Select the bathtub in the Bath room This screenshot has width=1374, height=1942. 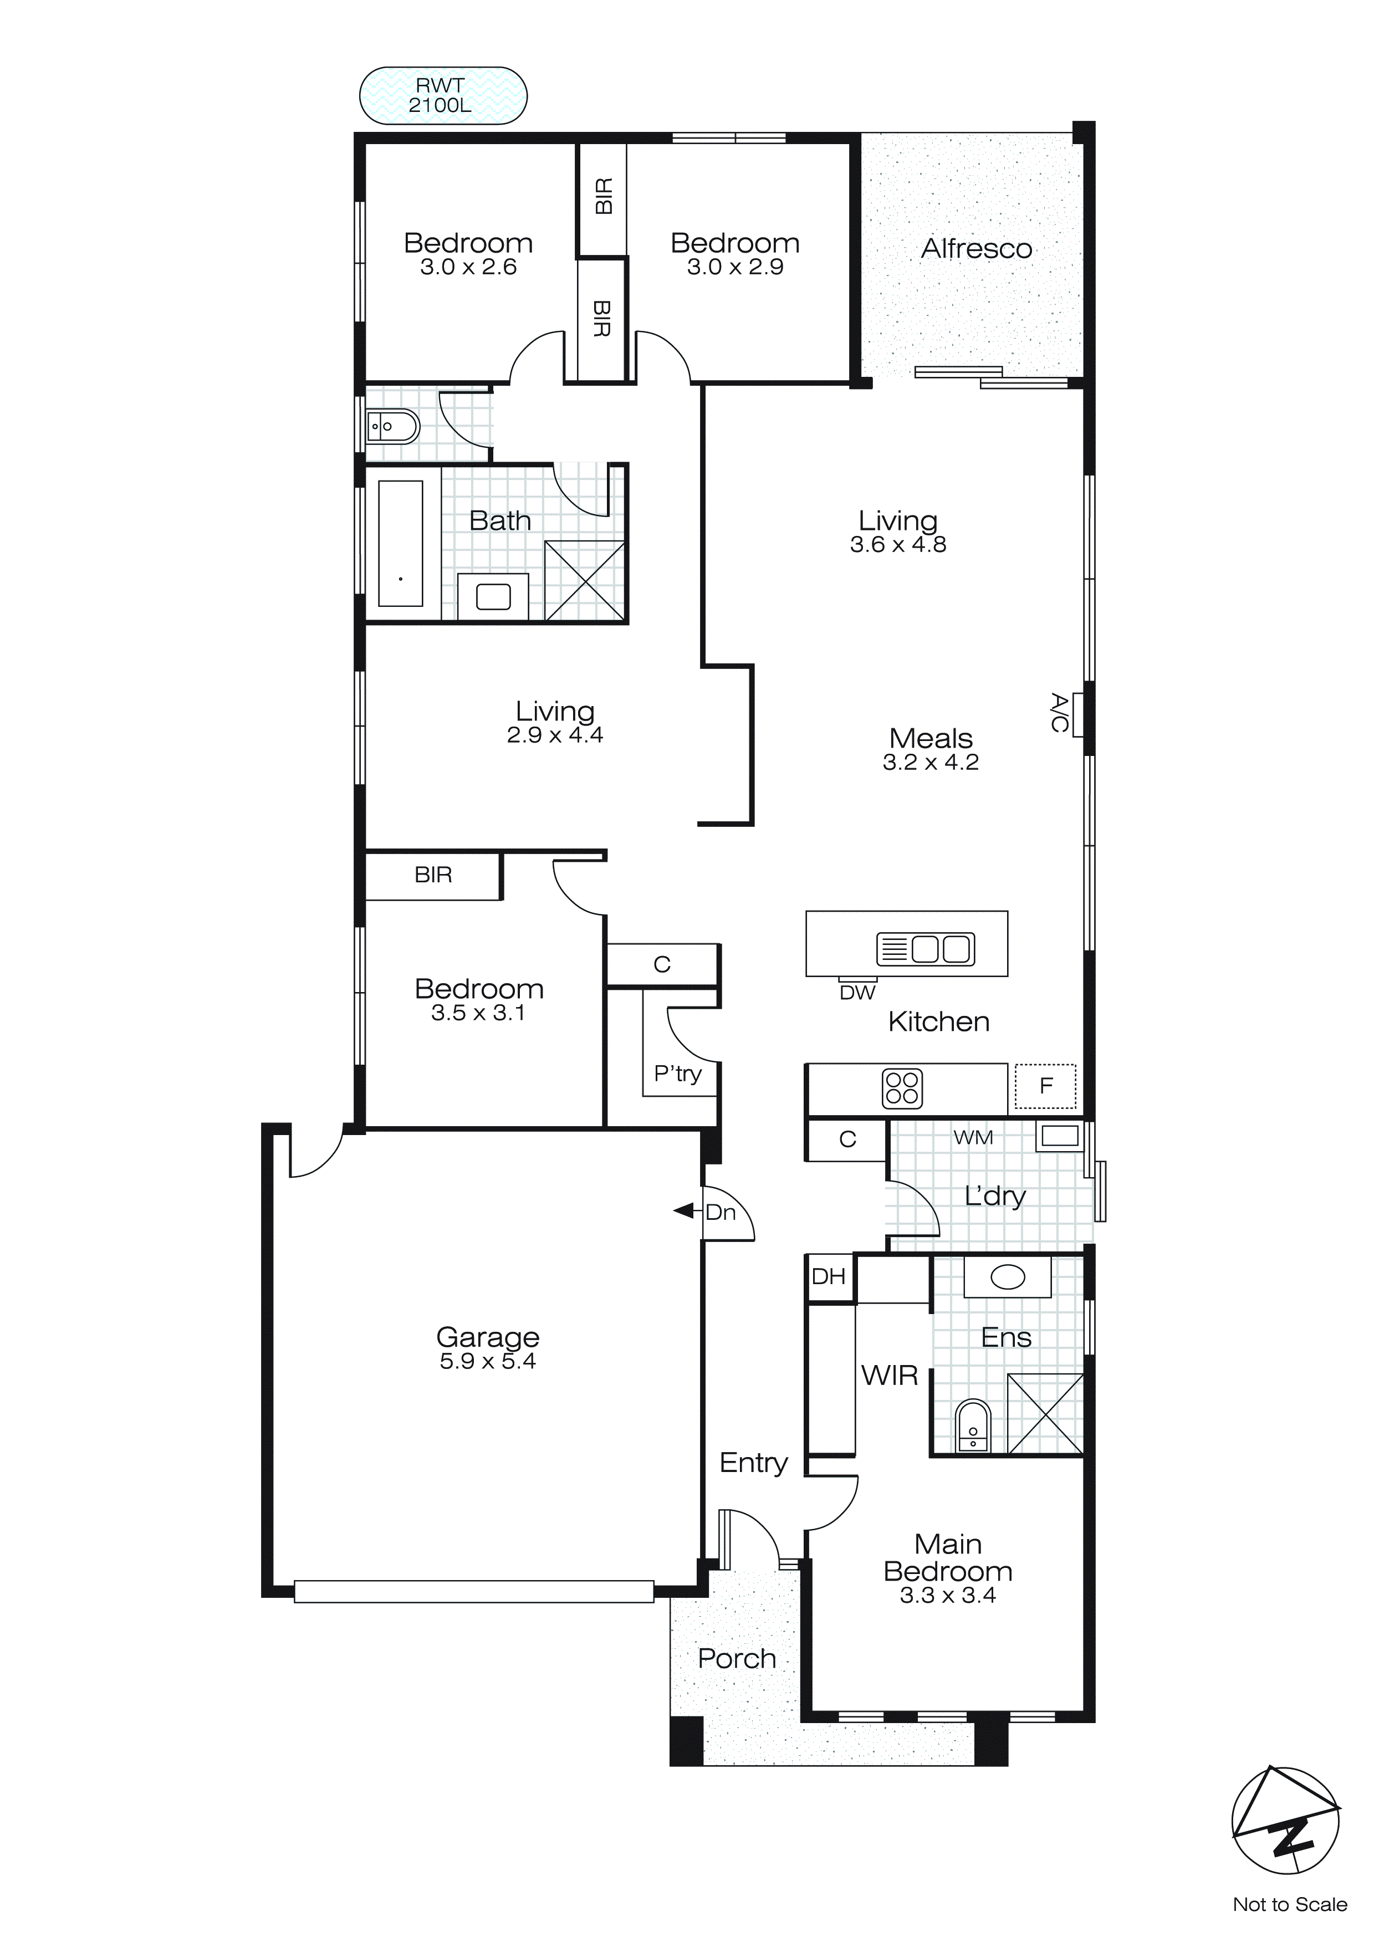pos(400,544)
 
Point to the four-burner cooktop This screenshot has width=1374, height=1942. pos(901,1088)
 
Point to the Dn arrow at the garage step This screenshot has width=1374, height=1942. pos(683,1211)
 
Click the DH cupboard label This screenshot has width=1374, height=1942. pos(828,1276)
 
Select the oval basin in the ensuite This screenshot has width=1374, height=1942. pos(1007,1277)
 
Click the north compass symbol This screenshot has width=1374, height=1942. pos(1285,1820)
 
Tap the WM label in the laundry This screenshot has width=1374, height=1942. pos(972,1138)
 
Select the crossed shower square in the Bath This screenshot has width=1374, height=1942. pos(585,581)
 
